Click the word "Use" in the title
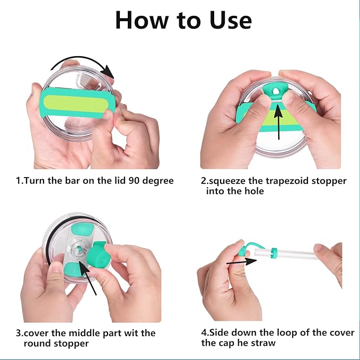tap(230, 20)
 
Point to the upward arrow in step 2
tap(278, 122)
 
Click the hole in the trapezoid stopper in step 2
tap(276, 91)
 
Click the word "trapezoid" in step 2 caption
tap(287, 181)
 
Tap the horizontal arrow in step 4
tap(242, 261)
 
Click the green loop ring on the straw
tap(274, 253)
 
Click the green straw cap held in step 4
tap(244, 250)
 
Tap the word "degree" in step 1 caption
tap(157, 181)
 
